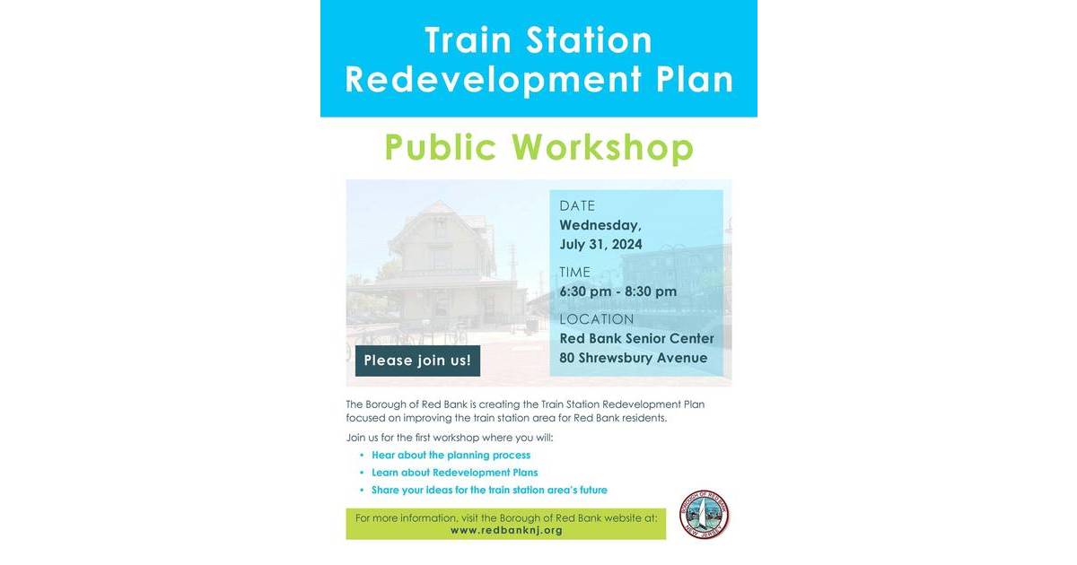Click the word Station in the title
click(x=593, y=40)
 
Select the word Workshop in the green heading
click(x=603, y=147)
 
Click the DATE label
click(x=577, y=206)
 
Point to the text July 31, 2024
click(x=600, y=245)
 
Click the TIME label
click(x=575, y=273)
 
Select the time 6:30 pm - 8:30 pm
click(x=618, y=291)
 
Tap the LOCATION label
click(x=597, y=319)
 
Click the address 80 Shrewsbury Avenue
click(x=634, y=358)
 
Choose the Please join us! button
click(x=417, y=361)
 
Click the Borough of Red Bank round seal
click(x=705, y=515)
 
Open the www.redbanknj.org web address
click(x=506, y=530)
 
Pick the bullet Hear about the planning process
click(x=451, y=456)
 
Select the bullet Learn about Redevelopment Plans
click(x=454, y=473)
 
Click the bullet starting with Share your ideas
click(x=489, y=490)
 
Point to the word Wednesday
click(x=600, y=225)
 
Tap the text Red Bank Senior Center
click(x=637, y=338)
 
